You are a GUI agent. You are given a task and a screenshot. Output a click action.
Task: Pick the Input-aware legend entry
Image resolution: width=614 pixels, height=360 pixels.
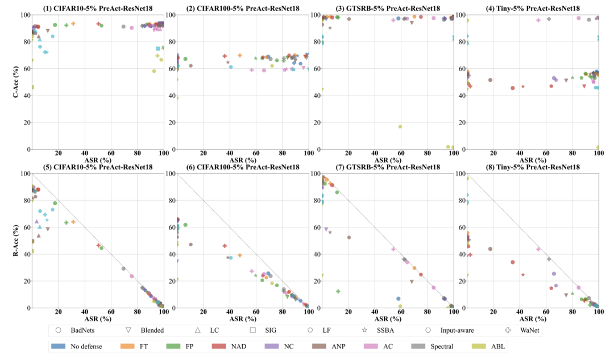click(x=449, y=330)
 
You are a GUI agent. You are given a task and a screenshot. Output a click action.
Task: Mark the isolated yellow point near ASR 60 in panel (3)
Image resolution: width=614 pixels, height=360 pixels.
click(x=400, y=126)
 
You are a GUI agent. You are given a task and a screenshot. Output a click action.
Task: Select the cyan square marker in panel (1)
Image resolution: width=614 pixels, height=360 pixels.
click(x=158, y=49)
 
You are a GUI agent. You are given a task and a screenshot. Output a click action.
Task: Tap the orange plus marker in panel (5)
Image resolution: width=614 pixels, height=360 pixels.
click(x=73, y=222)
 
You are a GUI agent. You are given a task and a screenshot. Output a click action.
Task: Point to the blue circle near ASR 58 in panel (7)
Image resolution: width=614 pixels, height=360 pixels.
click(x=399, y=299)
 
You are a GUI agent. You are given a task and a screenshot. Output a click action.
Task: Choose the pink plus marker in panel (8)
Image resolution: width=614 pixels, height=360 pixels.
click(x=539, y=249)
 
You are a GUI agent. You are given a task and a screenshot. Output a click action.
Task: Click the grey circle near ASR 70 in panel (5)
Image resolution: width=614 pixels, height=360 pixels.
click(x=123, y=268)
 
